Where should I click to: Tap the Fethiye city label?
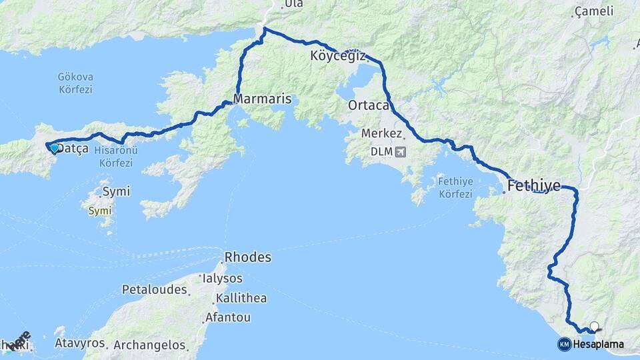(x=534, y=186)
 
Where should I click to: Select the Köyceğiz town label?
(x=338, y=56)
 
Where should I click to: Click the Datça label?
(x=73, y=149)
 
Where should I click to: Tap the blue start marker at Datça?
(x=54, y=148)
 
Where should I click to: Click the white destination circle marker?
(x=594, y=327)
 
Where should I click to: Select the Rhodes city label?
(x=248, y=257)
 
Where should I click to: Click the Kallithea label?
(x=241, y=298)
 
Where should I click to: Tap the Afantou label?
(x=229, y=317)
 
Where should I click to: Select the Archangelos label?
(x=149, y=345)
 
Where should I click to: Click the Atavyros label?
(x=81, y=343)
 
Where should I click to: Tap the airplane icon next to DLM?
(x=400, y=152)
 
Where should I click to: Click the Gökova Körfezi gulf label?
(x=75, y=83)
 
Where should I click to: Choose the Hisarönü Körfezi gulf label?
(x=115, y=157)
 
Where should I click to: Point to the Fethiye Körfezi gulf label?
(x=456, y=187)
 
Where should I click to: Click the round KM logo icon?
(x=564, y=344)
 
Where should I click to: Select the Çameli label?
(x=593, y=12)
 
